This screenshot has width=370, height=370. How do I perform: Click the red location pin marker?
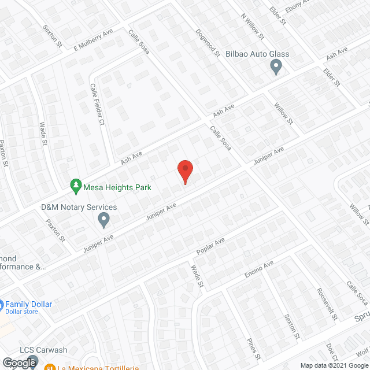click(x=184, y=171)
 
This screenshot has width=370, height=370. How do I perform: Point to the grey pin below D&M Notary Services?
click(x=104, y=220)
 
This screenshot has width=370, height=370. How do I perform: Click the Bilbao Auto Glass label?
click(x=257, y=54)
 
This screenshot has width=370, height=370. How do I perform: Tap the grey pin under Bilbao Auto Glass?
click(x=276, y=68)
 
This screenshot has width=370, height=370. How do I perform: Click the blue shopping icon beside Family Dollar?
click(x=2, y=305)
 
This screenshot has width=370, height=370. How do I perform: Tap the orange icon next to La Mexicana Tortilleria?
click(x=50, y=367)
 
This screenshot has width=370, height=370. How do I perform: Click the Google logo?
click(x=18, y=362)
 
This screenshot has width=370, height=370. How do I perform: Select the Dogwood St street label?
click(x=208, y=42)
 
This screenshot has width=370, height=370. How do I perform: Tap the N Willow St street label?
click(x=253, y=27)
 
